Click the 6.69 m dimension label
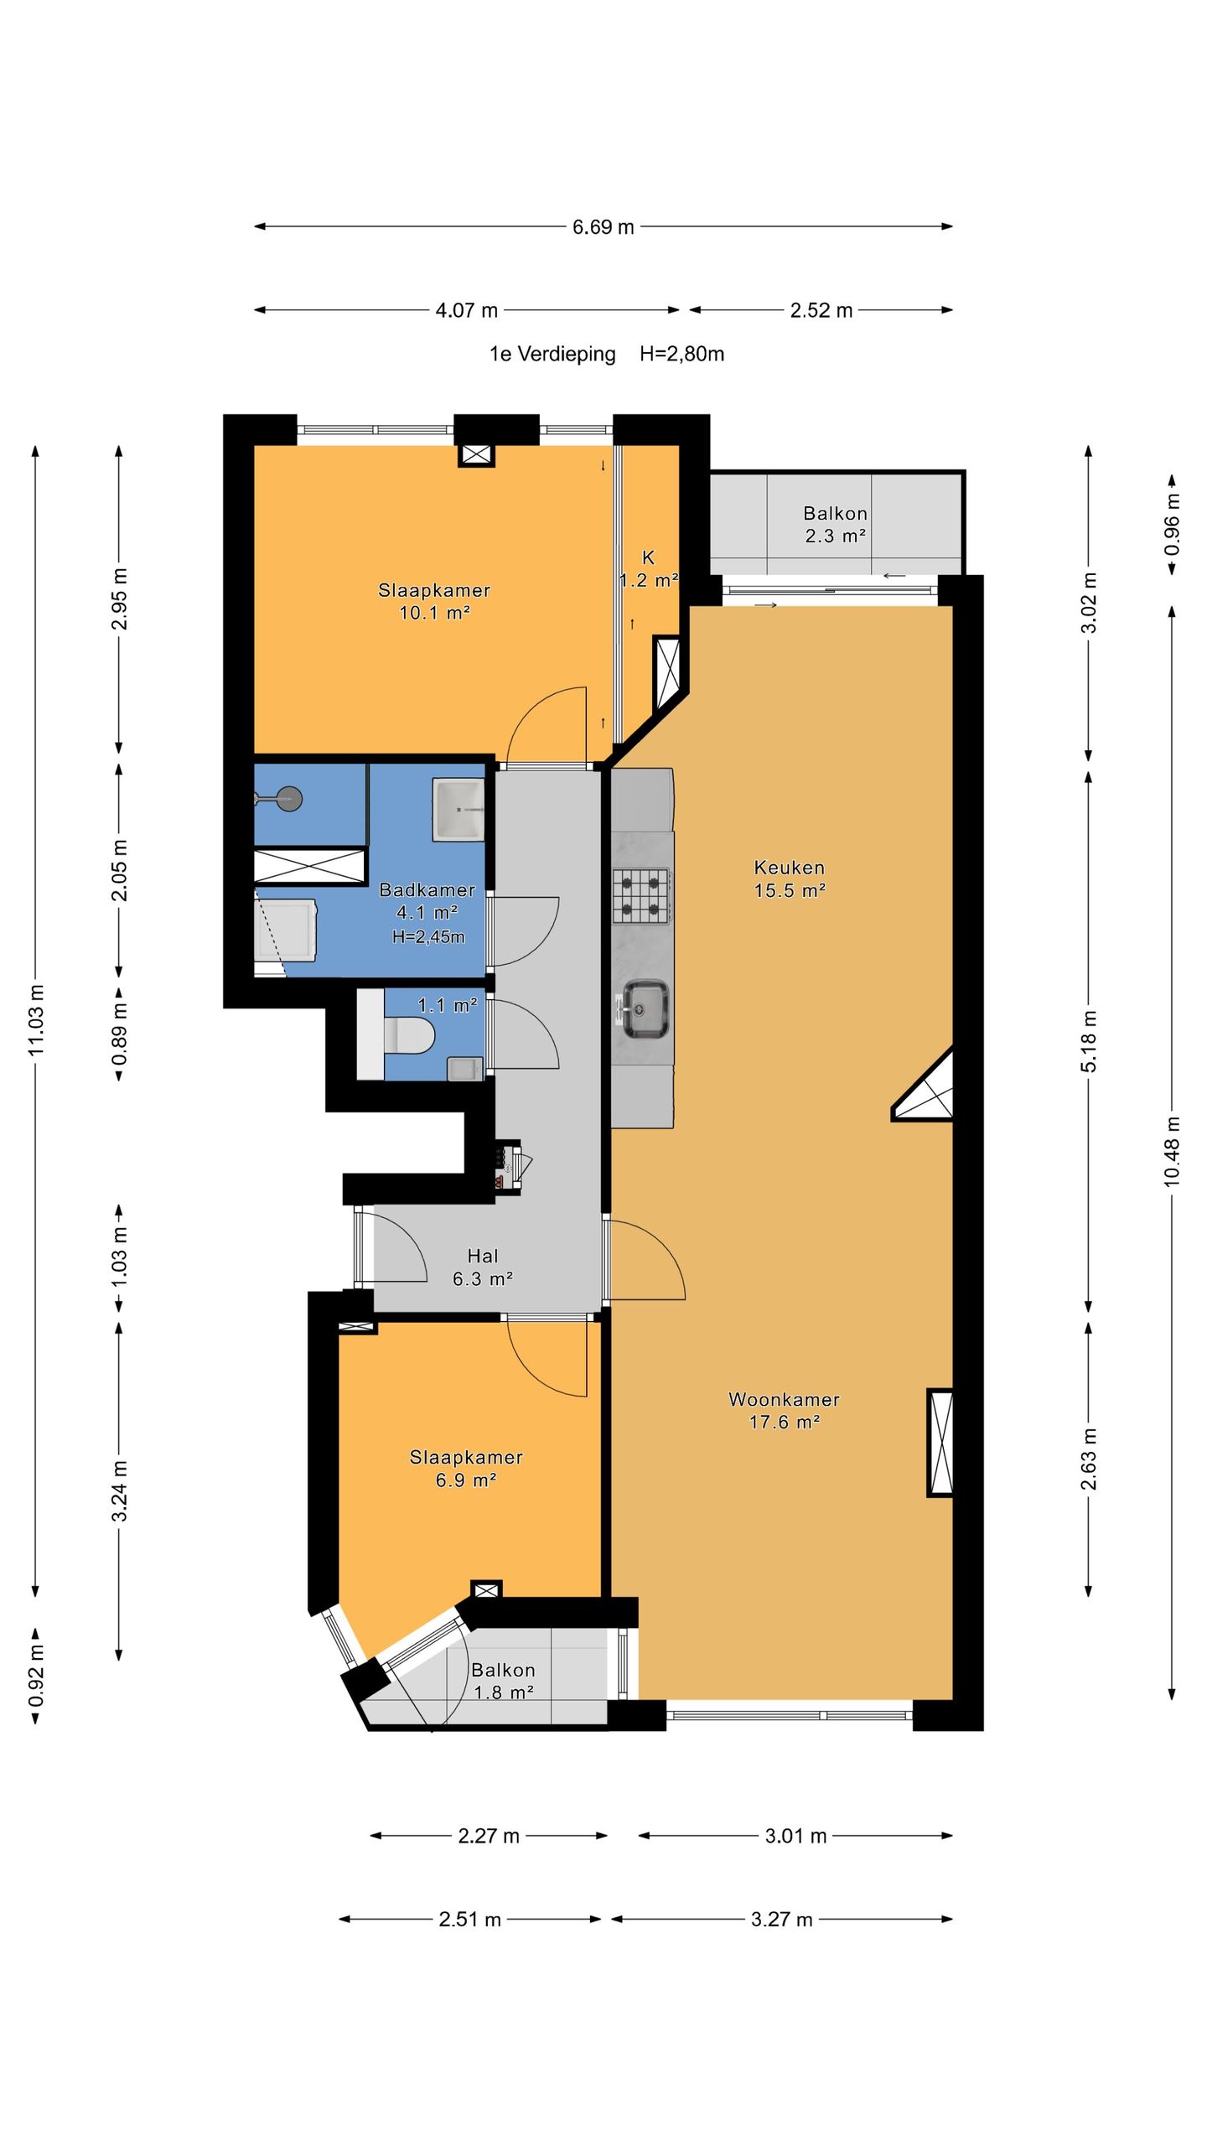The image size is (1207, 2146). (603, 227)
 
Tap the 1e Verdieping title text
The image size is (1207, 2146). (552, 354)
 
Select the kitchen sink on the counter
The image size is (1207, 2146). (644, 1009)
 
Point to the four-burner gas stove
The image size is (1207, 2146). (641, 895)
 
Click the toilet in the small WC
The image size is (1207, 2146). (408, 1035)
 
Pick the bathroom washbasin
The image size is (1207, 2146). (458, 809)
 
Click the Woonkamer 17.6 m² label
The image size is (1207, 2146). (784, 1410)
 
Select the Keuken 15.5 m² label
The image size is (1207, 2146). (789, 879)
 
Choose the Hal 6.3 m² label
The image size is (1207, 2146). (483, 1267)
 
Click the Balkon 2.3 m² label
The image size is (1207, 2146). (835, 524)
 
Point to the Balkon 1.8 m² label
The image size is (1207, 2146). (503, 1681)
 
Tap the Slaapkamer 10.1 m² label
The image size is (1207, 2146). (434, 601)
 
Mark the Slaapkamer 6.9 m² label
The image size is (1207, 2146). (466, 1468)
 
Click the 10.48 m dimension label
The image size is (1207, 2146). (1172, 1151)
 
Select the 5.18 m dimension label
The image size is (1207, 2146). (1088, 1041)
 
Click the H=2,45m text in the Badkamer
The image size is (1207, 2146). (428, 936)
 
